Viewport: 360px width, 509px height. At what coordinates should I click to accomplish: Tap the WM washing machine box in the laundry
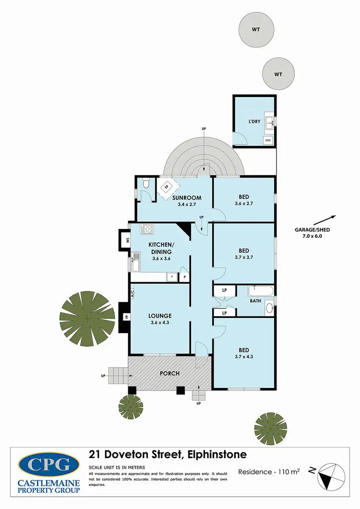click(x=267, y=140)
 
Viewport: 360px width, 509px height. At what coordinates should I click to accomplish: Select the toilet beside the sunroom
click(x=146, y=183)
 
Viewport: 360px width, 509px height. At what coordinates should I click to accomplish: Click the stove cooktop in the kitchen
click(x=146, y=229)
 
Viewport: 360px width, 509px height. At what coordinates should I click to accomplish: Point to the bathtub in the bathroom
click(x=260, y=291)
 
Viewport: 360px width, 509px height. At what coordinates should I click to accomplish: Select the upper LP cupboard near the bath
click(x=224, y=291)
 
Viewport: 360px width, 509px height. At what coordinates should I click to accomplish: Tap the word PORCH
click(x=170, y=374)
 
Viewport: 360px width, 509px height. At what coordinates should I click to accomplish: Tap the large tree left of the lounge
click(x=87, y=319)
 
